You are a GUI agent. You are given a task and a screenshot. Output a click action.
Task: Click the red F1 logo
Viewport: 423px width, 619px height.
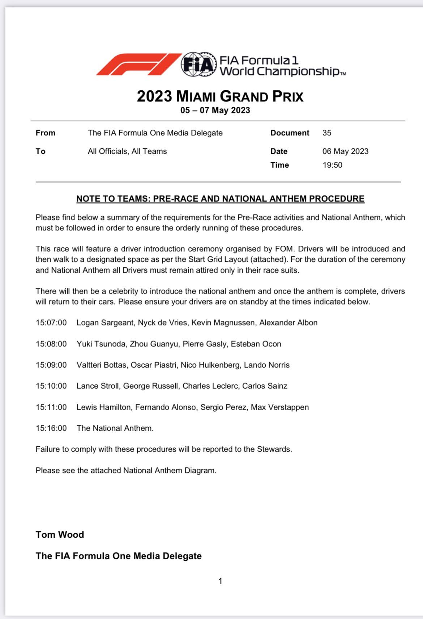coord(139,64)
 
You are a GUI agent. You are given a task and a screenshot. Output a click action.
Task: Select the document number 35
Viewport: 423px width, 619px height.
coord(327,133)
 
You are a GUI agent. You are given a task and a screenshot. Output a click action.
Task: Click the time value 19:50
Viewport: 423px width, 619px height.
coord(332,165)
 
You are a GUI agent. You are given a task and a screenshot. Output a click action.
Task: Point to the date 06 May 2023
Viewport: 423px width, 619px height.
coord(345,151)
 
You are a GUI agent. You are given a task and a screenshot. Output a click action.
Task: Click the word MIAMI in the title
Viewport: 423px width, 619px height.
coord(196,96)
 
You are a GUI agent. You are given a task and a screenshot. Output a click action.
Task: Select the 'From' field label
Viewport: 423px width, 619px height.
coord(46,133)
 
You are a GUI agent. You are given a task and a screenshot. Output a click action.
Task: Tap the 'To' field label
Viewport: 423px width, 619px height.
coord(40,151)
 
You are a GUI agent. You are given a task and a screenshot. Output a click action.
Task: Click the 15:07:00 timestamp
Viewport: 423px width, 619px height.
coord(51,323)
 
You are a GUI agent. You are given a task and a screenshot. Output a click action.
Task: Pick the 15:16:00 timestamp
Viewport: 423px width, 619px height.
coord(51,428)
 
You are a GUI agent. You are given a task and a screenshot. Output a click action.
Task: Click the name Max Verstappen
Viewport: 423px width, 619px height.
coord(280,407)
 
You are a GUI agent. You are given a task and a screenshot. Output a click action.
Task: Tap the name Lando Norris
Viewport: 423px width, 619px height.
coord(267,365)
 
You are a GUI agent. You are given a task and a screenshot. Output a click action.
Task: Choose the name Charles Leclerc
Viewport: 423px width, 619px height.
coord(210,386)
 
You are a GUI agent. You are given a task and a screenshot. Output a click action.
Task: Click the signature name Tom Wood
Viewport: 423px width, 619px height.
coord(60,534)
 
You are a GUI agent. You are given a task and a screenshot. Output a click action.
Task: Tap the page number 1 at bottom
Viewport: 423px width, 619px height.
coord(220,581)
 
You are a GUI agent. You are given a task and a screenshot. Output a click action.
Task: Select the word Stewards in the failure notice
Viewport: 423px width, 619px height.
coord(274,449)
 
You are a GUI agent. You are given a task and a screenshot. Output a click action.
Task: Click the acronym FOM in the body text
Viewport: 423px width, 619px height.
coord(285,249)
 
